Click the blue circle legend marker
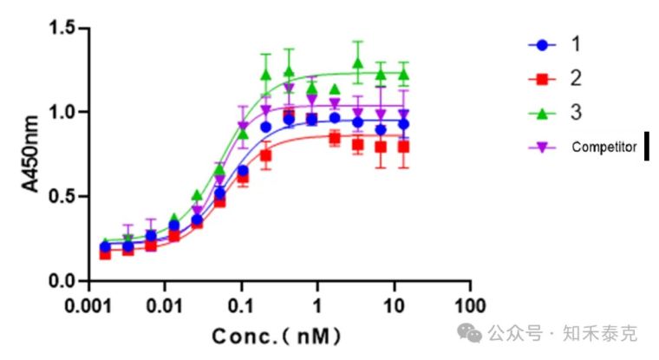(x=544, y=43)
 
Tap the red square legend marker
(x=544, y=78)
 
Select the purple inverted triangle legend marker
(x=544, y=147)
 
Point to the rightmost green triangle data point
(x=403, y=74)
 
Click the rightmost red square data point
(x=403, y=147)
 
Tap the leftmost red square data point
(x=105, y=253)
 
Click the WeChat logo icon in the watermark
(x=474, y=334)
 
